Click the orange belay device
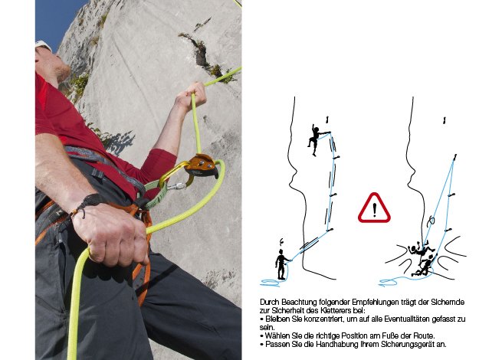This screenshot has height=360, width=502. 201,165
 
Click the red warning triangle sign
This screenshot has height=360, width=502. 374,208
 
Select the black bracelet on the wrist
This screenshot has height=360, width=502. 88,202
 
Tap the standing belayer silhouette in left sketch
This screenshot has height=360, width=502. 281,263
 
